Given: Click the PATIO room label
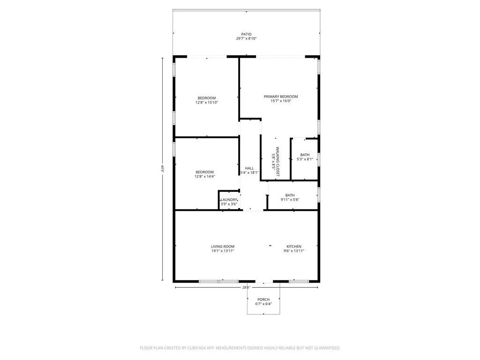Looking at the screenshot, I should tap(246, 34).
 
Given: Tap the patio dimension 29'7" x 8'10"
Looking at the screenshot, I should tap(246, 38).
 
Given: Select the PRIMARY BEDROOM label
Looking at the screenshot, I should tap(280, 97).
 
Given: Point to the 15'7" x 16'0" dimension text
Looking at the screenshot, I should tap(280, 101).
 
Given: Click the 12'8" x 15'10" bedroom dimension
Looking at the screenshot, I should tap(207, 102).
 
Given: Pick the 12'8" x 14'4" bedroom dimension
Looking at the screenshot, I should tap(205, 176).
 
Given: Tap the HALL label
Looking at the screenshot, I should tap(249, 168).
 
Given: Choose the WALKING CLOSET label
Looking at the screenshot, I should tap(277, 162).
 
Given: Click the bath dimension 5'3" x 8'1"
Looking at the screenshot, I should tap(305, 159).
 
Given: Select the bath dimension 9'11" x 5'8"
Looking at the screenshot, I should tap(290, 200).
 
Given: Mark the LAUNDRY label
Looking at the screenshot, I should tap(229, 200).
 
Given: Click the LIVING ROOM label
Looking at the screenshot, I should tap(222, 247).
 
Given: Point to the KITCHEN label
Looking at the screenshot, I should tap(294, 247).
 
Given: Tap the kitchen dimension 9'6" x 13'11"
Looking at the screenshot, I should tap(294, 251).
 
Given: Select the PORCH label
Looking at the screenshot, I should tap(263, 300).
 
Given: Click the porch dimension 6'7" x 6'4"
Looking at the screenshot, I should tap(263, 304).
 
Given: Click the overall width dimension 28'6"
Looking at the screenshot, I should tap(246, 287).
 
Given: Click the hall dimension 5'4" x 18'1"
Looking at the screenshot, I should tap(249, 172).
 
